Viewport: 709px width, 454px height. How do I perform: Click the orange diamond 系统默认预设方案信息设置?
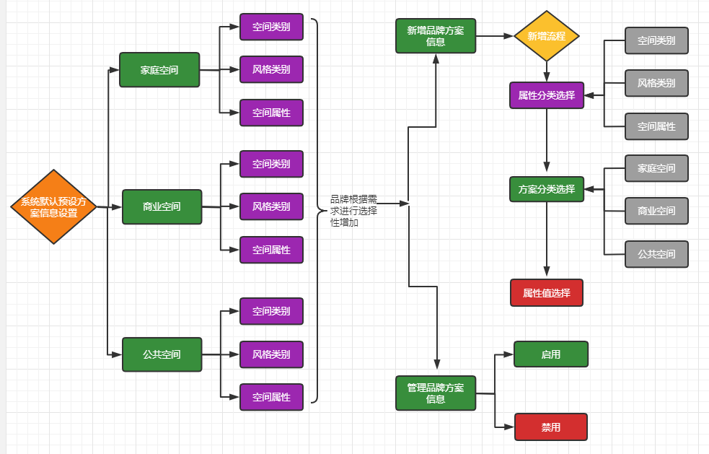tap(53, 207)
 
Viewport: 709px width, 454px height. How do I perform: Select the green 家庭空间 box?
tap(159, 70)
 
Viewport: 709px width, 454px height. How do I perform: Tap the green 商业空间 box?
tap(162, 206)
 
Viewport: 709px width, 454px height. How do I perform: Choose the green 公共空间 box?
tap(162, 354)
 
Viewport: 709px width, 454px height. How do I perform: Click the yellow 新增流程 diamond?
tap(547, 36)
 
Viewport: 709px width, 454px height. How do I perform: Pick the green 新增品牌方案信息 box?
tap(436, 36)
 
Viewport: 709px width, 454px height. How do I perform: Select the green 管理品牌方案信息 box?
tap(436, 393)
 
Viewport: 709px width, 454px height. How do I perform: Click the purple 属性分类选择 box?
tap(547, 95)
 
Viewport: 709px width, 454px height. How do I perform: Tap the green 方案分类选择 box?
tap(547, 189)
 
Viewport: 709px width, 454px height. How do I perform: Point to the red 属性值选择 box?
tap(547, 293)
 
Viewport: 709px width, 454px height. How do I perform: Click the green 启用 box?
tap(551, 354)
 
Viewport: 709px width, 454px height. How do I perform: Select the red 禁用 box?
tap(551, 427)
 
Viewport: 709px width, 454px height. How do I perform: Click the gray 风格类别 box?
tap(656, 83)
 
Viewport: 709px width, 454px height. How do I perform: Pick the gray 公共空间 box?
tap(656, 254)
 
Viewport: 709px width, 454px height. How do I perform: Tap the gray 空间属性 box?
tap(656, 126)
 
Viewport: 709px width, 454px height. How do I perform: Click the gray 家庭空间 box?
tap(656, 168)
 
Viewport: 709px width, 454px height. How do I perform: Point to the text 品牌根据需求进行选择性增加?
tap(353, 211)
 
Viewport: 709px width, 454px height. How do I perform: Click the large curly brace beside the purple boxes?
tap(317, 211)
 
